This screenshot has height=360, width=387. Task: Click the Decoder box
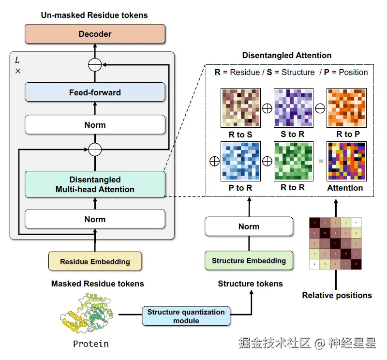[x=95, y=34]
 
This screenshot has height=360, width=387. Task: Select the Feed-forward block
[x=95, y=92]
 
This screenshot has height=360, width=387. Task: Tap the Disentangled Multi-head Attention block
[x=95, y=184]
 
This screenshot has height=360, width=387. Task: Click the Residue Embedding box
[x=95, y=261]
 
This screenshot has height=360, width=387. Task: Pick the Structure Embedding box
[x=249, y=261]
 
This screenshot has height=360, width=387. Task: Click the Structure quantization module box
[x=186, y=316]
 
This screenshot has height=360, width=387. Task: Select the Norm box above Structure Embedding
[x=249, y=226]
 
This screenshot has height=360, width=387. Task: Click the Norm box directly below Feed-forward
[x=95, y=125]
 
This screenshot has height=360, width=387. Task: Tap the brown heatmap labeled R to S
[x=240, y=108]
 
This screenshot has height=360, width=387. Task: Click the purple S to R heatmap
[x=293, y=108]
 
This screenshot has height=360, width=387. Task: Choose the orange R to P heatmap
[x=346, y=108]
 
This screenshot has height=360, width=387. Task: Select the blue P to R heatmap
[x=240, y=161]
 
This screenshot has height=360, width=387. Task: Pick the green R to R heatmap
[x=293, y=161]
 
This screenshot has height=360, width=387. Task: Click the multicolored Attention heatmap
[x=346, y=161]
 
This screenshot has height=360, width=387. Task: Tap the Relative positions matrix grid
[x=336, y=243]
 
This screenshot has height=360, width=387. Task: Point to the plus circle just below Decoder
[x=95, y=64]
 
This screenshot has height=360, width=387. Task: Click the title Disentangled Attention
[x=287, y=55]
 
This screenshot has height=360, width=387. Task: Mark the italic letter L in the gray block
[x=17, y=60]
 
